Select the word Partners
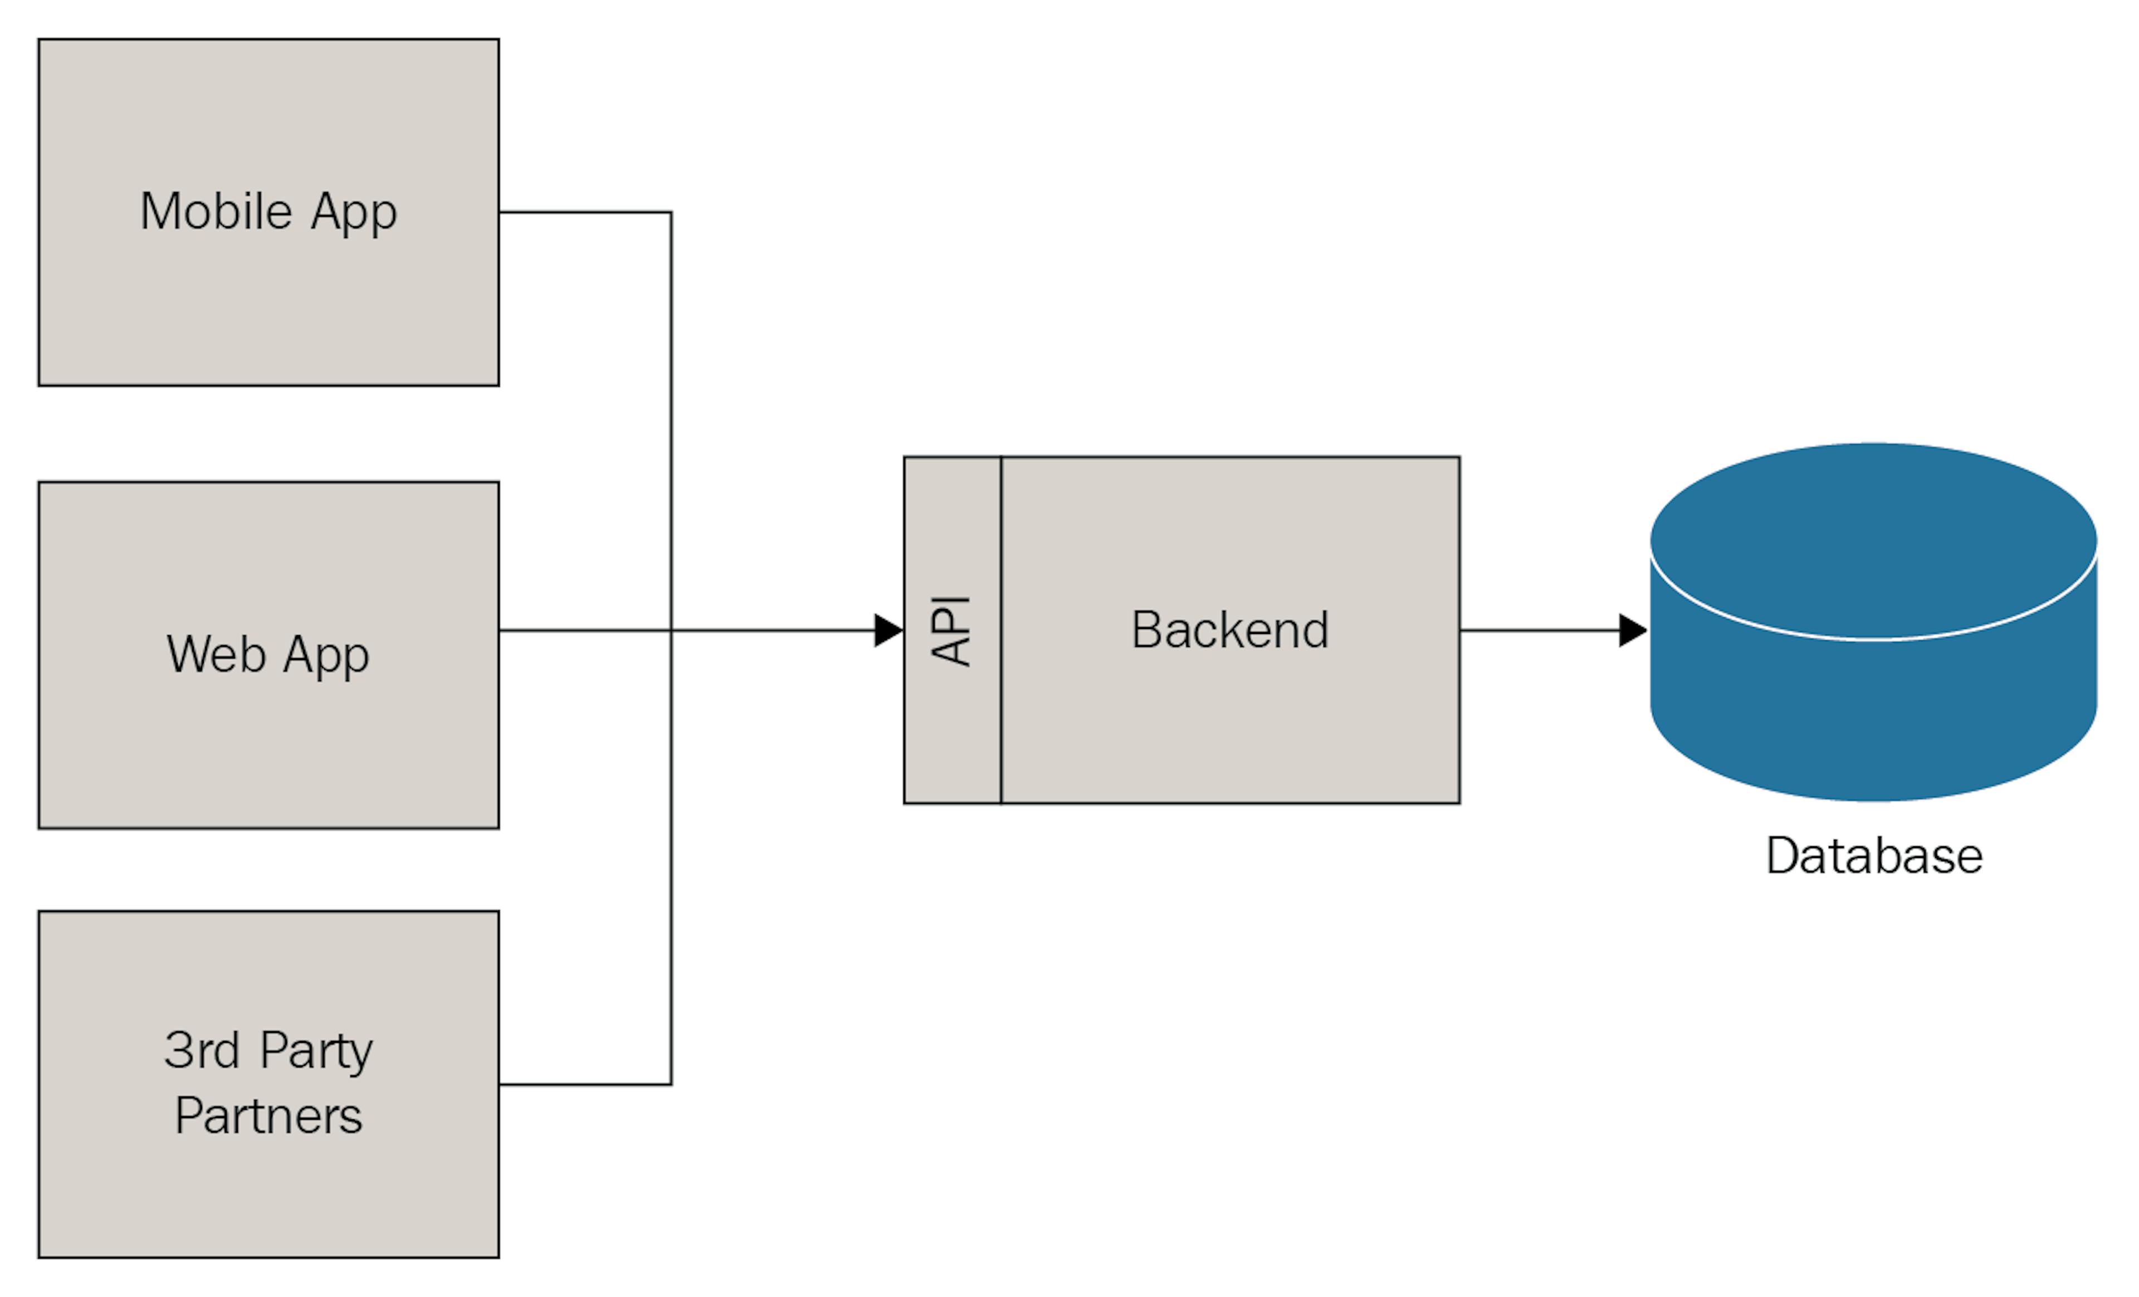point(268,1116)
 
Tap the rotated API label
point(950,631)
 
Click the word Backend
point(1229,630)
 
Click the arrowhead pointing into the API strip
point(888,630)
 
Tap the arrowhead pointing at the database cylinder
point(1632,630)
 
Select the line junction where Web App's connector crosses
point(671,630)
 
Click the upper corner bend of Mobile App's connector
point(671,212)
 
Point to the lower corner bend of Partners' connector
point(671,1084)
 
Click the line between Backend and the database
point(1536,630)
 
